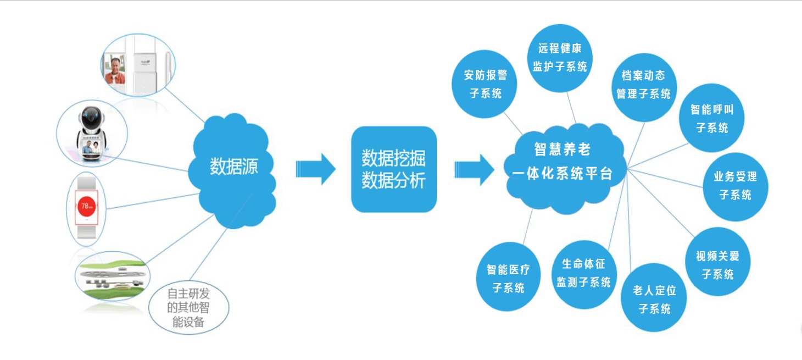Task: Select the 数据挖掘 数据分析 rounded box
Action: point(394,169)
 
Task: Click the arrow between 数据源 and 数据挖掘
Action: point(316,169)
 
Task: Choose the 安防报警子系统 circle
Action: point(484,84)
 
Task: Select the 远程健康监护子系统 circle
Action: point(560,58)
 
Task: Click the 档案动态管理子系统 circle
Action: point(644,87)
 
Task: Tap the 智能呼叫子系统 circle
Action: point(712,118)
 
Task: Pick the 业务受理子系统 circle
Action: point(736,187)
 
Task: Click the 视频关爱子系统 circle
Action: point(718,262)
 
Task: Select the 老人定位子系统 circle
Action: point(654,298)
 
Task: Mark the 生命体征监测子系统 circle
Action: point(584,275)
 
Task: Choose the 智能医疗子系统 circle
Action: point(509,276)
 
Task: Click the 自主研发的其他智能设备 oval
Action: point(188,307)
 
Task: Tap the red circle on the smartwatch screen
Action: point(87,206)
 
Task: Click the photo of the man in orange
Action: point(115,69)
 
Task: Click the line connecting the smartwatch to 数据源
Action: point(153,201)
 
